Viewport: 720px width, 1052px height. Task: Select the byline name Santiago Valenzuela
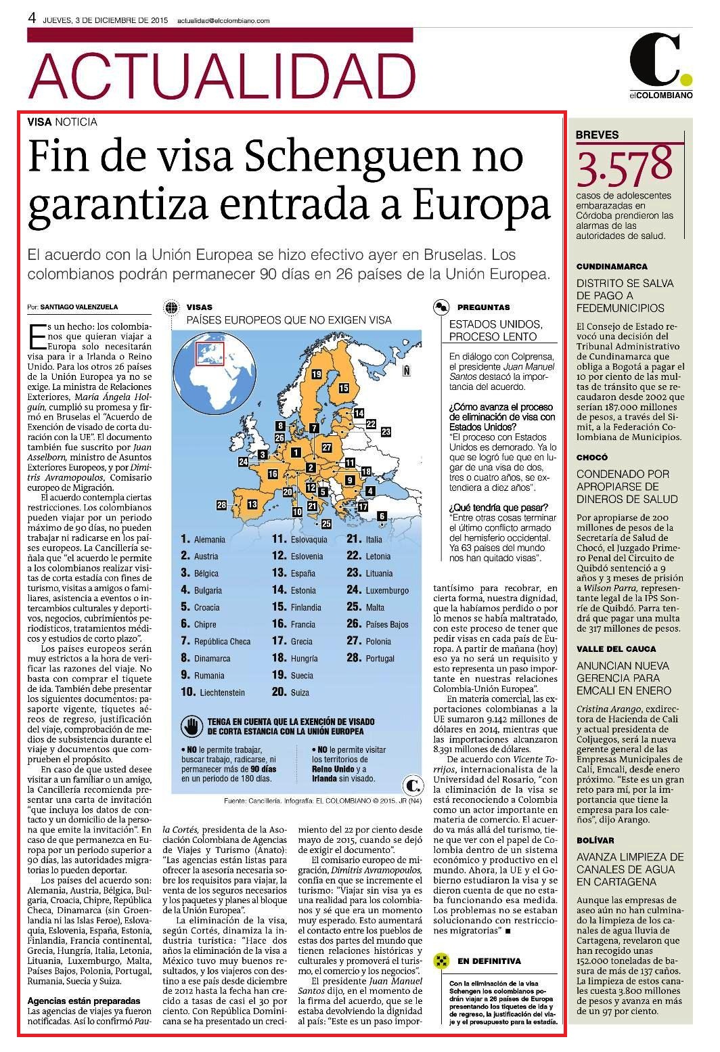pos(79,307)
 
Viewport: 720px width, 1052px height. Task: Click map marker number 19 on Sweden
pos(316,374)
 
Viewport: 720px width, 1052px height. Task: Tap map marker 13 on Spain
pos(252,504)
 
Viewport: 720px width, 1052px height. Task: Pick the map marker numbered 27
pos(327,447)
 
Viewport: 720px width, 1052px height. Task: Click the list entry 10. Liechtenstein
pos(213,693)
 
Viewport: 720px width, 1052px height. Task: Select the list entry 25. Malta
pos(365,607)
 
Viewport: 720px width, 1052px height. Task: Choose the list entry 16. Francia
pos(294,624)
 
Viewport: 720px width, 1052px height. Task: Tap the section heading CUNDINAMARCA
pos(612,267)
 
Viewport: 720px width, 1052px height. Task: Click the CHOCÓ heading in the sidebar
pos(592,458)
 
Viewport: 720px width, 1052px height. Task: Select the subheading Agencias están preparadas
pos(84,1001)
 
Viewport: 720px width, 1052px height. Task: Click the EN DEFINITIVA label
pos(489,948)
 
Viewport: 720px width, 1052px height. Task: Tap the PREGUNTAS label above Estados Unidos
pos(483,307)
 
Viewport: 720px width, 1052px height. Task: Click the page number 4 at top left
pos(32,18)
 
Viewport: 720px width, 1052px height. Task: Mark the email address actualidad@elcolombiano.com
pos(223,21)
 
